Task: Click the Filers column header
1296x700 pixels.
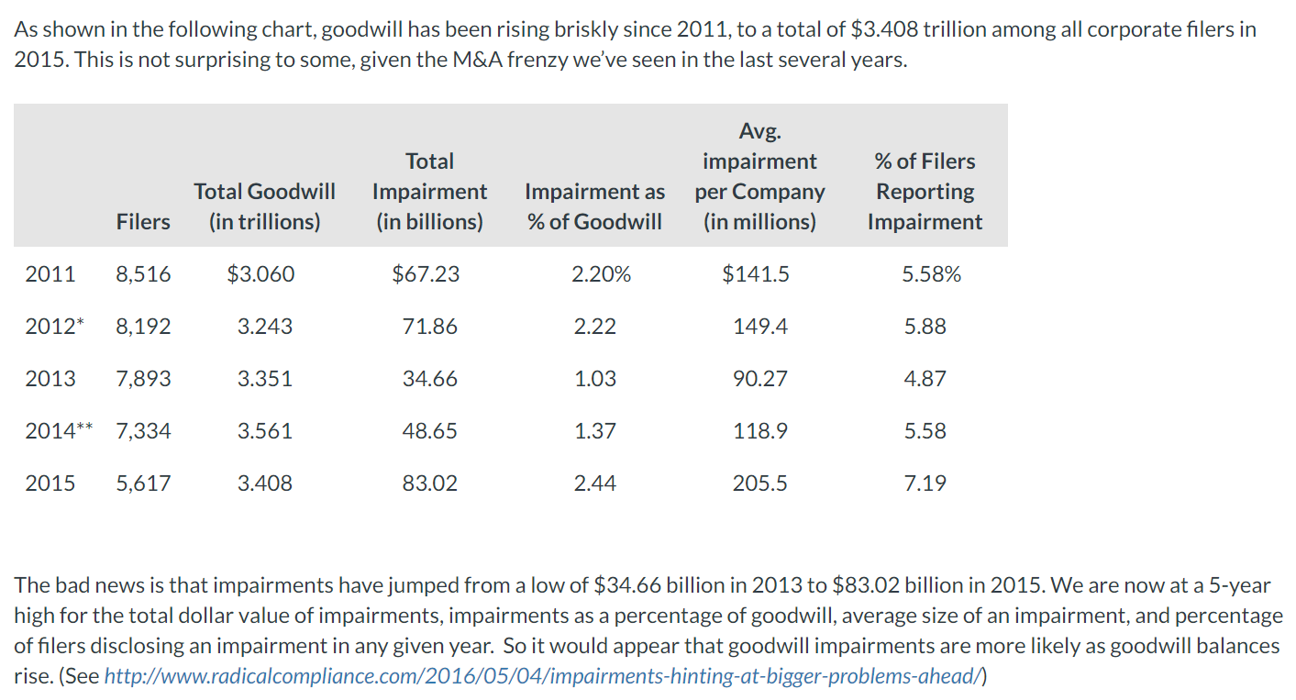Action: (143, 222)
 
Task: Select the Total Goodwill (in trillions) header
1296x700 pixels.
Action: (264, 206)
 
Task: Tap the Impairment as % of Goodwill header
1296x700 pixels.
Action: (594, 206)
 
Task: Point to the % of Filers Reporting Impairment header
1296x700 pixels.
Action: (925, 192)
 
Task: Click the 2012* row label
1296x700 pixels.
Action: (52, 327)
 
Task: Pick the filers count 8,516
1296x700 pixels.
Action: (143, 274)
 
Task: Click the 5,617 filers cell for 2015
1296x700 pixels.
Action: (143, 483)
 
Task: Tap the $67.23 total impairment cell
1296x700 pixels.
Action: (426, 274)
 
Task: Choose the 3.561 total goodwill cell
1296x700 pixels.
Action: (265, 431)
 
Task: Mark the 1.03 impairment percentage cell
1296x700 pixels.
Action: (595, 379)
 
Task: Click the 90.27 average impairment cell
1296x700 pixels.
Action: (759, 379)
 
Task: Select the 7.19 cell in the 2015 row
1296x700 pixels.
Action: (925, 483)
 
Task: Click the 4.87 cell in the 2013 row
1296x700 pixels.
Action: (925, 379)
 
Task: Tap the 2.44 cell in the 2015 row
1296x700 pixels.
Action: (595, 483)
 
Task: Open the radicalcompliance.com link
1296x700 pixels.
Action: (544, 677)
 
